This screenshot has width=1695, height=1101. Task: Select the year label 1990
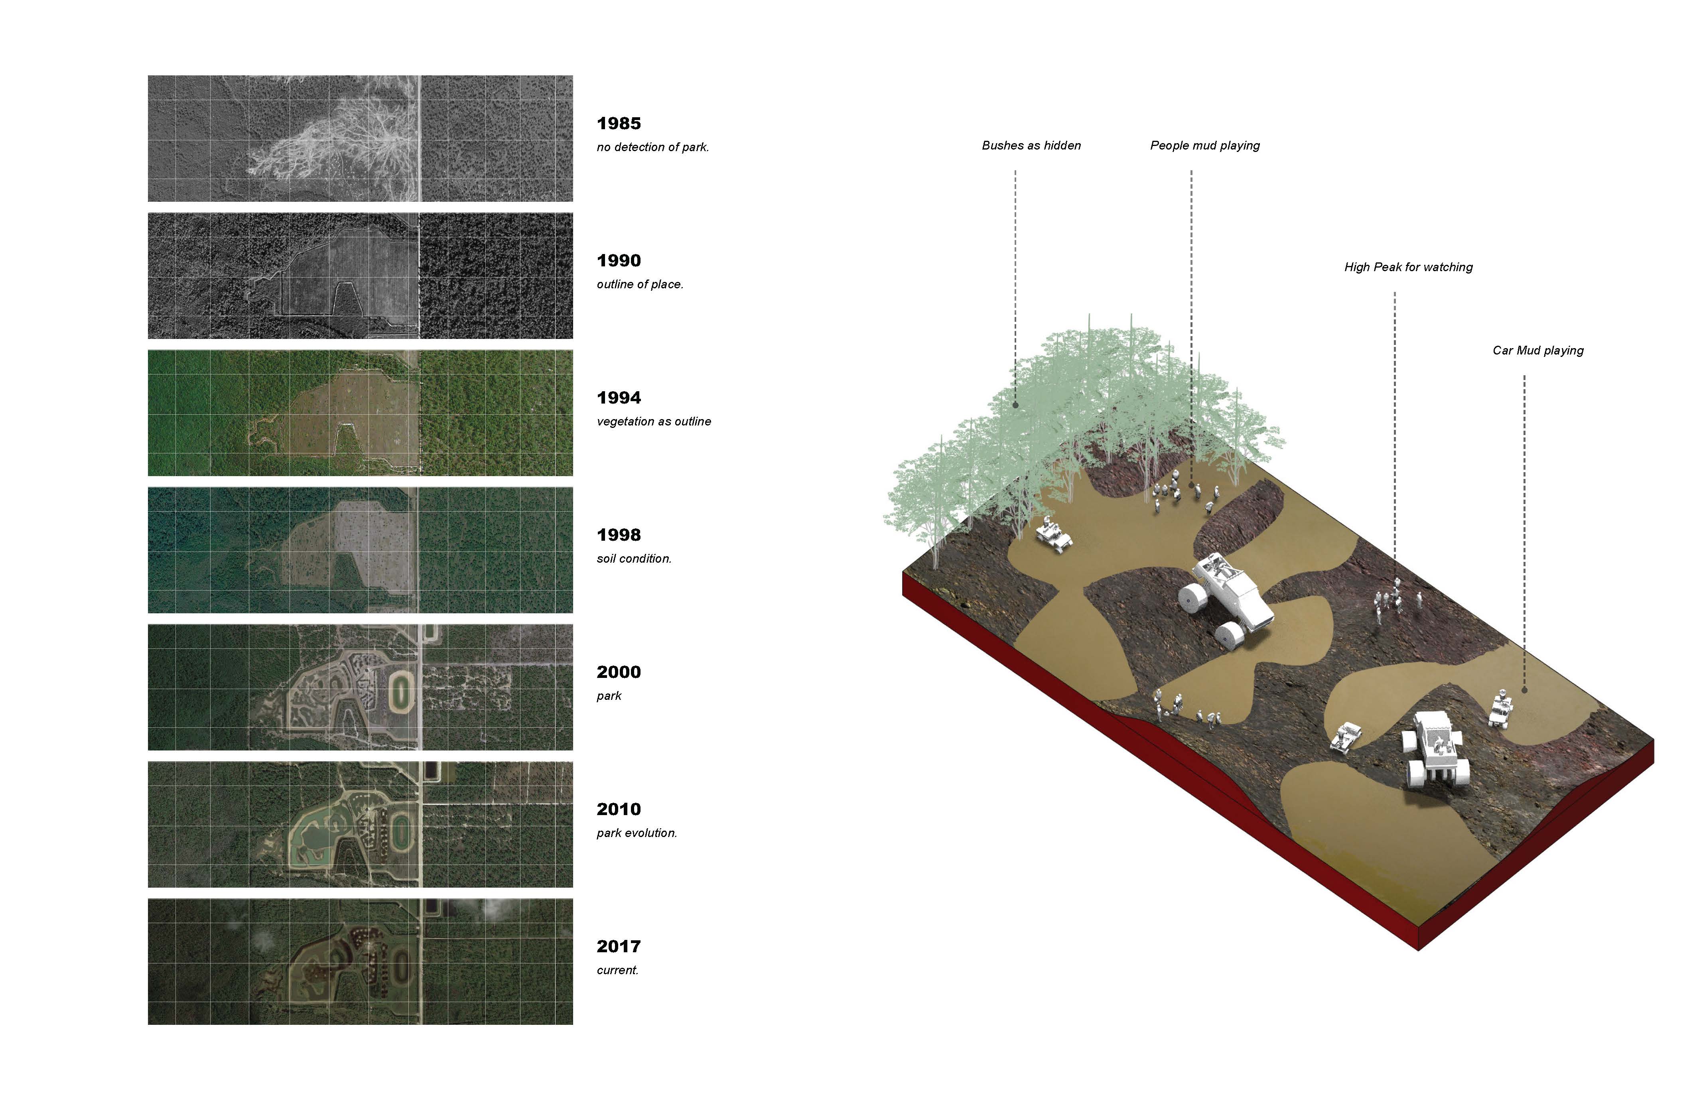tap(618, 261)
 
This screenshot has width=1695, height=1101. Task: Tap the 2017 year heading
tap(618, 946)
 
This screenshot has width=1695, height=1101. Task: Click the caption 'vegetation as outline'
tap(653, 421)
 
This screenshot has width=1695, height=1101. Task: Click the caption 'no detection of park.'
tap(652, 148)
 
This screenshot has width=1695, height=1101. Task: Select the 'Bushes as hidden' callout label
tap(1031, 145)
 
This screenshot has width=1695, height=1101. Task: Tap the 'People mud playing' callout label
tap(1204, 145)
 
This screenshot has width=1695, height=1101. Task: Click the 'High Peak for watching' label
tap(1408, 267)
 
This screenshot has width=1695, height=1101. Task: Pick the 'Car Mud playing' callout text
tap(1537, 351)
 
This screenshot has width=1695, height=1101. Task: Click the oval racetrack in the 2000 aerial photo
tap(401, 689)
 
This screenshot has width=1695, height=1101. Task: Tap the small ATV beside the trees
tap(1052, 533)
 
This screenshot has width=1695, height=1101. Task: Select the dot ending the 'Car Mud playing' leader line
tap(1524, 689)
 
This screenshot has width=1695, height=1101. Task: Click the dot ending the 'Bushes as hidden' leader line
tap(1015, 404)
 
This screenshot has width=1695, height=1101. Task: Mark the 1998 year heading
tap(618, 535)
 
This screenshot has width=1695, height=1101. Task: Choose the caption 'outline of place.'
tap(640, 285)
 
